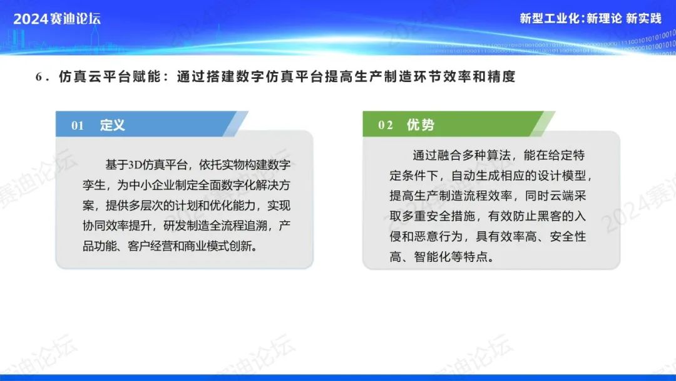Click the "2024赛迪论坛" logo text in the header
(57, 19)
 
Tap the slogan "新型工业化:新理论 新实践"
(590, 18)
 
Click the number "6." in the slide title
(43, 77)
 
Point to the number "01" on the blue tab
(78, 125)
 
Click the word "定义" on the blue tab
(113, 125)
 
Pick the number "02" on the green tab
(386, 125)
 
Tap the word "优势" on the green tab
(421, 125)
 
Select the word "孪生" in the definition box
(94, 185)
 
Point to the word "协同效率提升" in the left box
(117, 226)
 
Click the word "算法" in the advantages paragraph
(498, 155)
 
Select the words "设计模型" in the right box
(562, 175)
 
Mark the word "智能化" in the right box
(433, 257)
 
